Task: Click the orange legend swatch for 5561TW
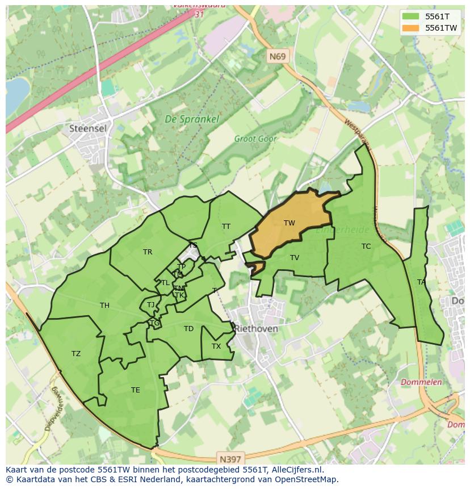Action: pyautogui.click(x=412, y=28)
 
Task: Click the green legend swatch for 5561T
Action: pyautogui.click(x=412, y=16)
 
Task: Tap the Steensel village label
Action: pyautogui.click(x=87, y=128)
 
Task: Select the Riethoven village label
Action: pyautogui.click(x=256, y=329)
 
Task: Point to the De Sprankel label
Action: pyautogui.click(x=184, y=119)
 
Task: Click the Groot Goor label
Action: pyautogui.click(x=255, y=139)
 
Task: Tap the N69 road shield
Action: pyautogui.click(x=278, y=56)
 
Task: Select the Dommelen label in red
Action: pyautogui.click(x=421, y=382)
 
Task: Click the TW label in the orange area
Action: pyautogui.click(x=289, y=223)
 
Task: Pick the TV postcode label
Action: pyautogui.click(x=294, y=258)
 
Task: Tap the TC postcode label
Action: pyautogui.click(x=366, y=246)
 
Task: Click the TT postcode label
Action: pyautogui.click(x=226, y=227)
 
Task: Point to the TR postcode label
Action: pyautogui.click(x=148, y=252)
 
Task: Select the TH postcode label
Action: pyautogui.click(x=104, y=306)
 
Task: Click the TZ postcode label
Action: pyautogui.click(x=76, y=354)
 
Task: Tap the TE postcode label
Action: pyautogui.click(x=135, y=390)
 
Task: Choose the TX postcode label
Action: pyautogui.click(x=216, y=346)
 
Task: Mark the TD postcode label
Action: pyautogui.click(x=188, y=329)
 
